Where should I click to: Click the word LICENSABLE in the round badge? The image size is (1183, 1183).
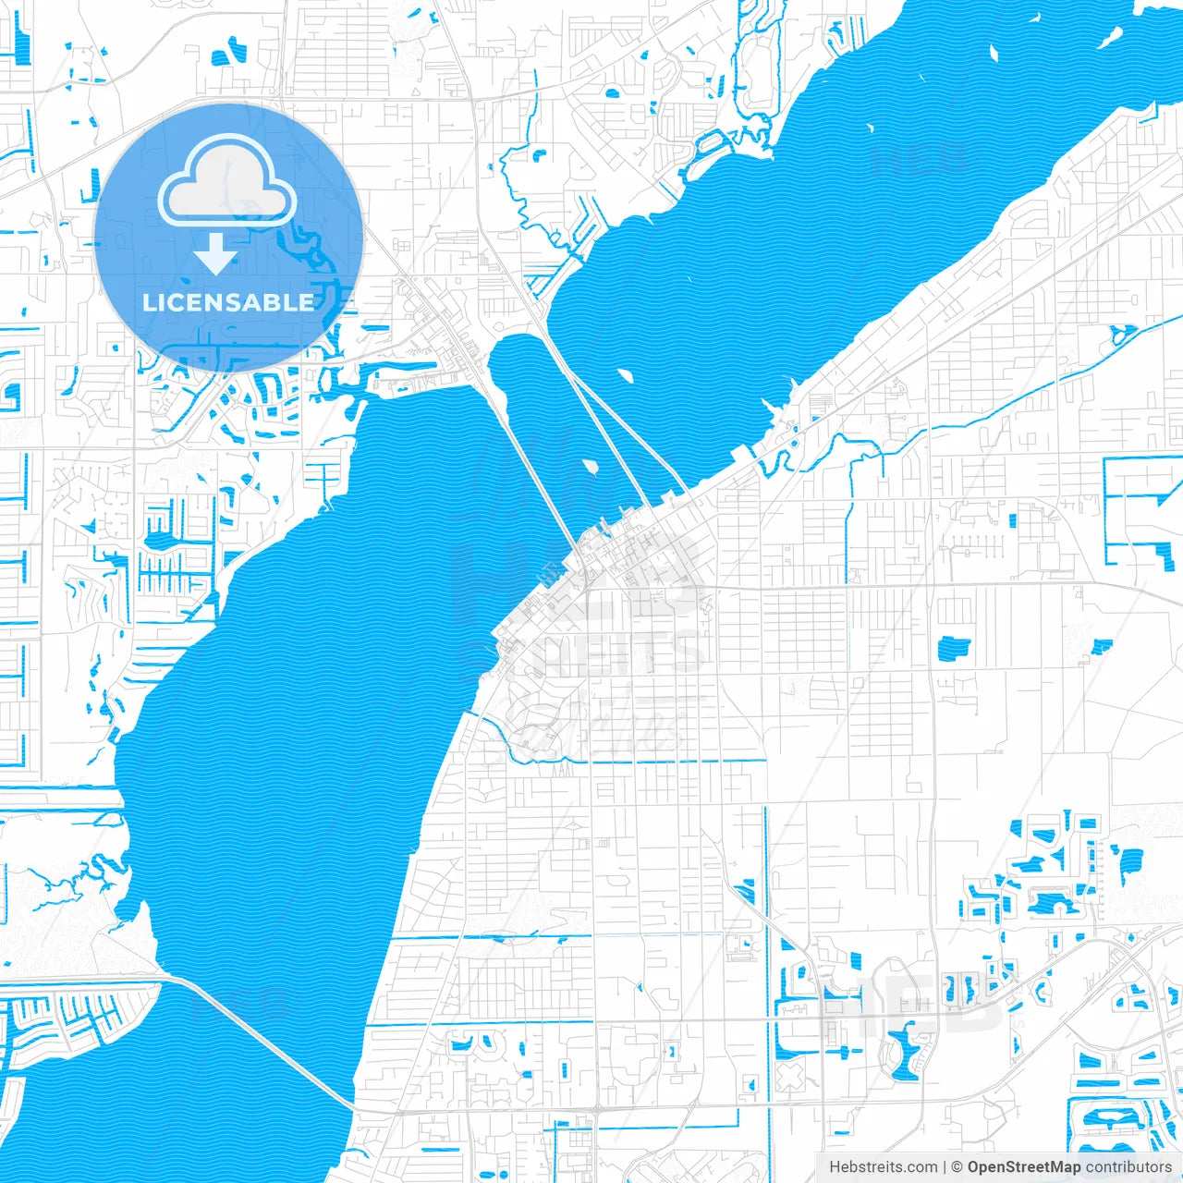pos(228,302)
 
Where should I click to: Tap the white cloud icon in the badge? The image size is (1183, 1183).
pos(227,185)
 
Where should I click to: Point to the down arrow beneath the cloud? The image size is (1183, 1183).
pos(215,254)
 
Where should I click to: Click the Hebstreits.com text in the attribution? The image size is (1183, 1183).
pos(883,1167)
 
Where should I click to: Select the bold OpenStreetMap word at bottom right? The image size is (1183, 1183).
pos(1024,1167)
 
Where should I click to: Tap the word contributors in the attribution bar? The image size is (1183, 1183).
pos(1128,1167)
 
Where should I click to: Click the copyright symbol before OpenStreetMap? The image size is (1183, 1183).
pos(957,1167)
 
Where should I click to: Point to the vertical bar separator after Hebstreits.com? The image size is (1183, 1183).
pos(945,1167)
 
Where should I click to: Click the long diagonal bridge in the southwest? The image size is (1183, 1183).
pos(268,1040)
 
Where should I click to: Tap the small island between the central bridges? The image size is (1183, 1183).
pos(589,465)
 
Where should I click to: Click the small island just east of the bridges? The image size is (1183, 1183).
pos(625,375)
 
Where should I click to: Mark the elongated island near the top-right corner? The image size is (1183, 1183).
pos(1109,37)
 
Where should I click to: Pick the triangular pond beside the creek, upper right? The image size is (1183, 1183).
pos(1122,334)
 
